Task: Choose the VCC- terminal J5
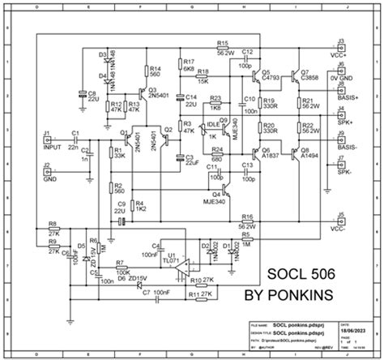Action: pos(341,221)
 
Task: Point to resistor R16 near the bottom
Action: pos(247,220)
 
